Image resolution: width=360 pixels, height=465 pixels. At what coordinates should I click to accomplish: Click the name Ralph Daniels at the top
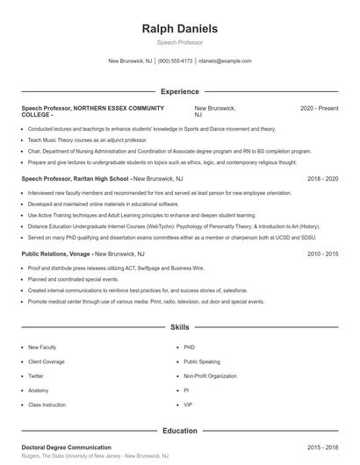(x=179, y=29)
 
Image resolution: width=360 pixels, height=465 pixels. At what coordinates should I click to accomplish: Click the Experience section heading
(x=179, y=91)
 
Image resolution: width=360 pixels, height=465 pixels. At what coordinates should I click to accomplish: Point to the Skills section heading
(x=179, y=326)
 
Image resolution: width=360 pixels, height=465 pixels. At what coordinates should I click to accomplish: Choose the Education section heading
(x=179, y=431)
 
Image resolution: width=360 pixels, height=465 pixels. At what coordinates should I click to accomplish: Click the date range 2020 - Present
(x=319, y=108)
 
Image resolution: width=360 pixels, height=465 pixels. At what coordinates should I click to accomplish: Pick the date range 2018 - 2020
(x=322, y=178)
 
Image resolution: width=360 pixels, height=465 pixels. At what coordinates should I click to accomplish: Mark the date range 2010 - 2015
(x=322, y=254)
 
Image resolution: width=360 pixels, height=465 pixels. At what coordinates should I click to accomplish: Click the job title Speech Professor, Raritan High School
(x=75, y=178)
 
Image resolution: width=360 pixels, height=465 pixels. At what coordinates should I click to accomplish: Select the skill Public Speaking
(x=202, y=361)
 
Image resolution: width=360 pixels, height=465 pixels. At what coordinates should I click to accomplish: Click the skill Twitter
(x=36, y=376)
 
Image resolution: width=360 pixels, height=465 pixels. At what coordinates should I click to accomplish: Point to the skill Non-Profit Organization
(x=210, y=376)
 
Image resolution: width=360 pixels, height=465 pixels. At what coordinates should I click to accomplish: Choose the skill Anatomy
(x=38, y=390)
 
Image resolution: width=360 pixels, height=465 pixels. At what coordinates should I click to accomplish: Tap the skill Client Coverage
(x=47, y=361)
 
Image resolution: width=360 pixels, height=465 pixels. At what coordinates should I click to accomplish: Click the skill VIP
(x=188, y=404)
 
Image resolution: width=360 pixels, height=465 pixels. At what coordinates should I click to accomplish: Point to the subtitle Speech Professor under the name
(x=179, y=42)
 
